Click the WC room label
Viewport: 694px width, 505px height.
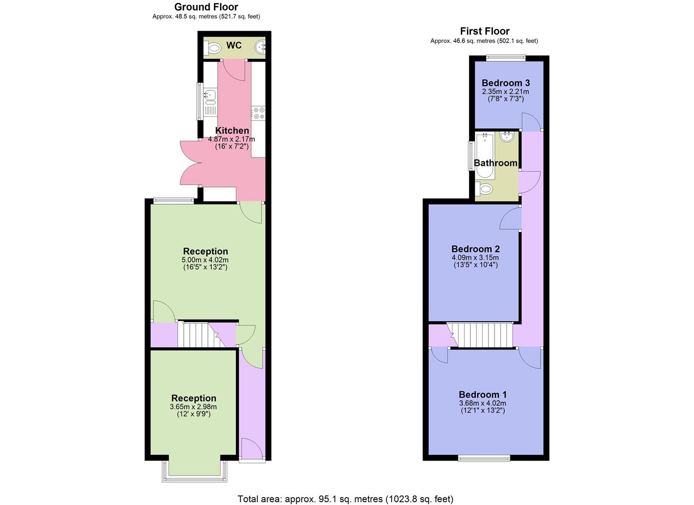click(x=234, y=45)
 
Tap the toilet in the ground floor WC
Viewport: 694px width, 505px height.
click(x=214, y=48)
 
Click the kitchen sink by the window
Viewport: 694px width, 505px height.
click(x=210, y=95)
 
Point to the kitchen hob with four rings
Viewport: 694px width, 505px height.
click(x=258, y=113)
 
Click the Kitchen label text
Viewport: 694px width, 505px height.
click(x=232, y=131)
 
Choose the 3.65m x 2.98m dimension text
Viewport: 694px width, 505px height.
click(x=193, y=407)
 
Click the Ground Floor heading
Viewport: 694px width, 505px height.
click(x=206, y=7)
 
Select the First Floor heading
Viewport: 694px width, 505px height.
click(x=484, y=31)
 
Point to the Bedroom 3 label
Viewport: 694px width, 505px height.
click(x=506, y=83)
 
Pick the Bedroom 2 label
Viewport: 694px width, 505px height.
click(x=475, y=249)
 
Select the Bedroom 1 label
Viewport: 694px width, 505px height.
click(x=482, y=395)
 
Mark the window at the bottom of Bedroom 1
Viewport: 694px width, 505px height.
click(x=484, y=458)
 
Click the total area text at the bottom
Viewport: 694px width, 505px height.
click(x=345, y=499)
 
